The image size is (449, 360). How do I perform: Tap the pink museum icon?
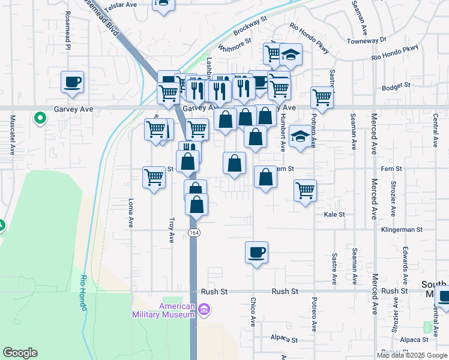coord(204,310)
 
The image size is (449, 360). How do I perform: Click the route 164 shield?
coord(193,232)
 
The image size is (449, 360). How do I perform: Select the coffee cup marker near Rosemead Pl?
coord(72,82)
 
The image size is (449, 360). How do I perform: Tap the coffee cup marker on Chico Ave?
coord(256,251)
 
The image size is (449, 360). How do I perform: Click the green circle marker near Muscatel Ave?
coord(40,118)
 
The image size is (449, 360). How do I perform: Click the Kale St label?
coord(334,214)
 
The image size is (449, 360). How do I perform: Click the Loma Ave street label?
coord(130,213)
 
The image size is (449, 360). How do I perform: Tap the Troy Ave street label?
coord(172,229)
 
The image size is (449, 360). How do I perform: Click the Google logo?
coord(20,353)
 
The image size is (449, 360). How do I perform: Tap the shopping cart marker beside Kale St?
coord(306,191)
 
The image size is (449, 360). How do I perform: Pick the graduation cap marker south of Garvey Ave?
coord(300,137)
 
